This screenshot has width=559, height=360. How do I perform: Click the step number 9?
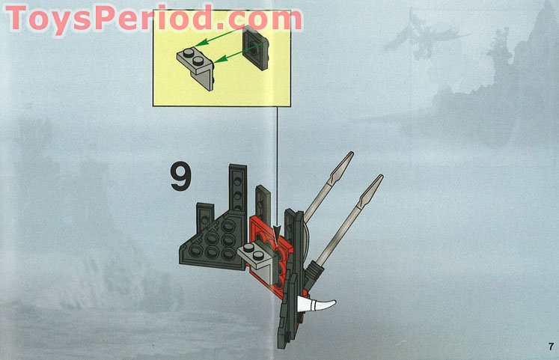(x=180, y=177)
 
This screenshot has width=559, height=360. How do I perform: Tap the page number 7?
(x=549, y=346)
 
